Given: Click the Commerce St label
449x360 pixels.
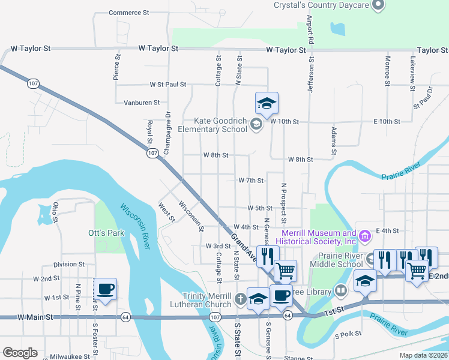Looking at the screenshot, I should [x=129, y=13].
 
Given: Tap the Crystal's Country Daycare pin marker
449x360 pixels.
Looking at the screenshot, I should [x=378, y=6].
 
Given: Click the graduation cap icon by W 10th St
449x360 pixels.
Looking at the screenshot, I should [x=267, y=104].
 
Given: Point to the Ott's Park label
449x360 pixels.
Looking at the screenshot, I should [x=102, y=232].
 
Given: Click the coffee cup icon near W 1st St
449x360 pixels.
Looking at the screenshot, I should [x=106, y=289].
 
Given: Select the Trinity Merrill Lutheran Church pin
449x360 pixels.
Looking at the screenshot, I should [x=240, y=298].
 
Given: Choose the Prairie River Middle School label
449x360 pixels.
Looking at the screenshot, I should [x=337, y=260].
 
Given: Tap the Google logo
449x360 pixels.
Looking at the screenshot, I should [x=20, y=353].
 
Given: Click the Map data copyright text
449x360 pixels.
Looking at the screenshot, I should [x=424, y=355].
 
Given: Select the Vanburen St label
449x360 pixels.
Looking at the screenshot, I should [x=142, y=103].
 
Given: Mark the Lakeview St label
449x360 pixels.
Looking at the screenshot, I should [x=412, y=74].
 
